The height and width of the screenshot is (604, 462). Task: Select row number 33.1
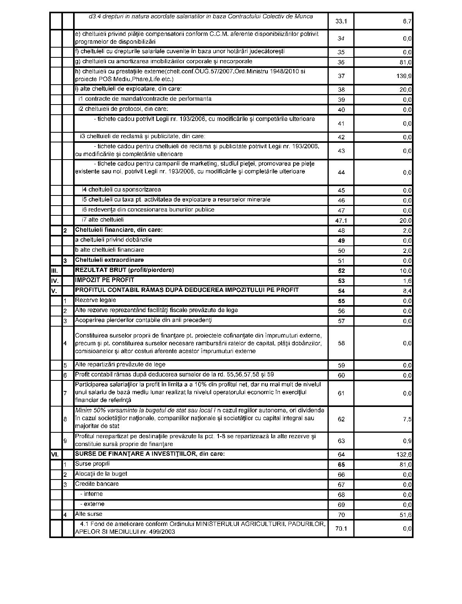coord(341,21)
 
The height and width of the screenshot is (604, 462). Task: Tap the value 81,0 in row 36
coord(406,62)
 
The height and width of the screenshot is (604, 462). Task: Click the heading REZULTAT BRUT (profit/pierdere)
coord(124,270)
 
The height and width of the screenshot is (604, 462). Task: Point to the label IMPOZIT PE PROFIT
coord(104,280)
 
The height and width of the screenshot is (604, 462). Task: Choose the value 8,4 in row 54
coord(407,291)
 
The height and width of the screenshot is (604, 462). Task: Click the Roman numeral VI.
coord(55,455)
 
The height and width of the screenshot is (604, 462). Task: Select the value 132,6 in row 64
coord(405,455)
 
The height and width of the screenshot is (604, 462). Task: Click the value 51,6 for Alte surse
coord(406,515)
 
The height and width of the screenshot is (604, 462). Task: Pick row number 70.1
coord(341,529)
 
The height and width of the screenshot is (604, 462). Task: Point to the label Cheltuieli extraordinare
coord(109,260)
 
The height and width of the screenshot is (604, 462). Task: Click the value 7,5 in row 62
coord(407,419)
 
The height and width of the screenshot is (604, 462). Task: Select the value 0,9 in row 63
coord(407,441)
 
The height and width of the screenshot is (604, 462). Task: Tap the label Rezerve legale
coord(95,300)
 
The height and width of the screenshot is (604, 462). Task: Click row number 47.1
coord(341,220)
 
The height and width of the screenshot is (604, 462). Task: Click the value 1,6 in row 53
coord(407,281)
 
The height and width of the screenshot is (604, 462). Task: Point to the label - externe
coord(92,504)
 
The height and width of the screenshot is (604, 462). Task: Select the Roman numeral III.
coord(55,270)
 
